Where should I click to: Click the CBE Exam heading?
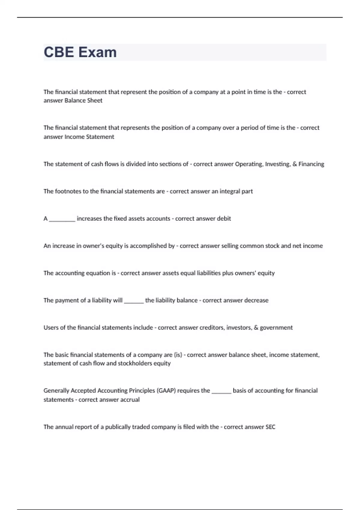(x=80, y=52)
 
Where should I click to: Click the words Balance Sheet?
(x=83, y=100)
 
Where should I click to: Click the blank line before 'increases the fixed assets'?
(x=62, y=219)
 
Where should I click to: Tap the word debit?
(x=224, y=219)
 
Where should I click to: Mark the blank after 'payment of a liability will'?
(x=134, y=301)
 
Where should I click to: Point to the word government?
(x=276, y=328)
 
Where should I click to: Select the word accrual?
(x=130, y=400)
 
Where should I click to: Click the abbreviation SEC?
(x=270, y=427)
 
